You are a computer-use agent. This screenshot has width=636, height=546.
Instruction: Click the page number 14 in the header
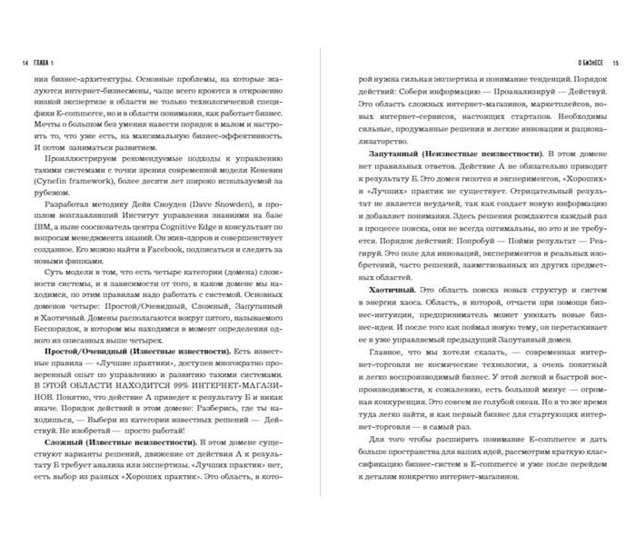pyautogui.click(x=23, y=63)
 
